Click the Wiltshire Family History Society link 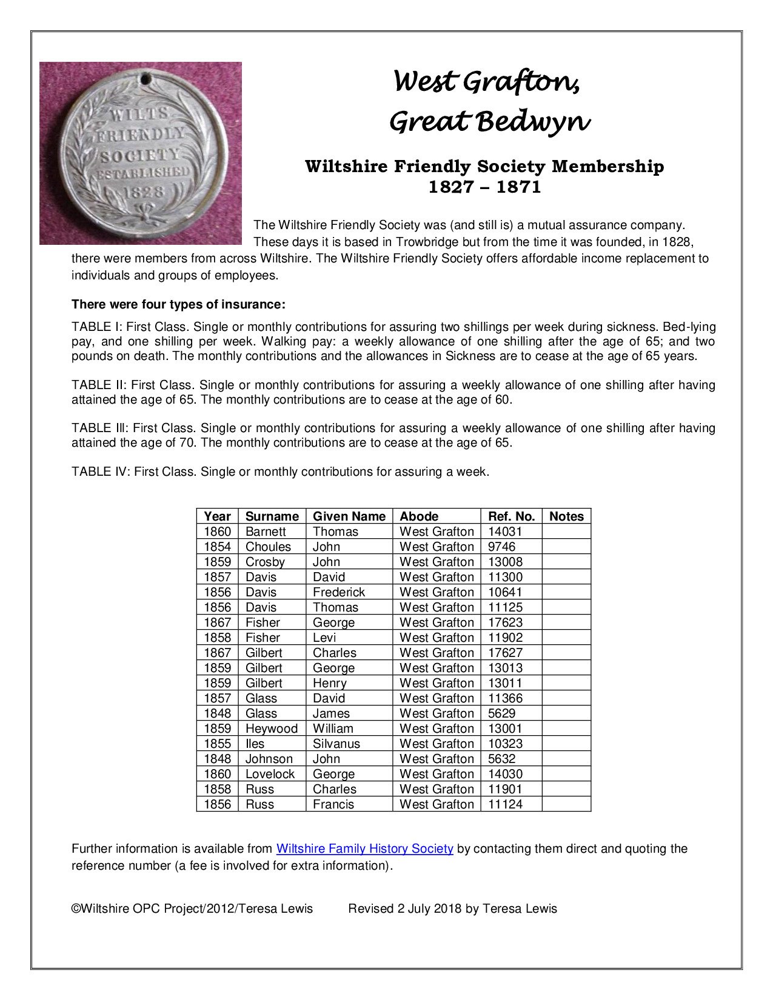pos(364,848)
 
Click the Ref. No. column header pos(511,516)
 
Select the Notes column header pos(566,516)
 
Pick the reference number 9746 pos(501,547)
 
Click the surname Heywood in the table pos(271,728)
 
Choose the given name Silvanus pos(336,744)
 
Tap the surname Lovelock pos(270,774)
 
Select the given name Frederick pos(338,592)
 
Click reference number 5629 pos(501,713)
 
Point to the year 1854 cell pos(217,547)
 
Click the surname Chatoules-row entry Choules pos(268,547)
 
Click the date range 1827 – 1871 pos(484,187)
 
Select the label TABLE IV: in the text pos(100,472)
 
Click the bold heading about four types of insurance pos(178,304)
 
